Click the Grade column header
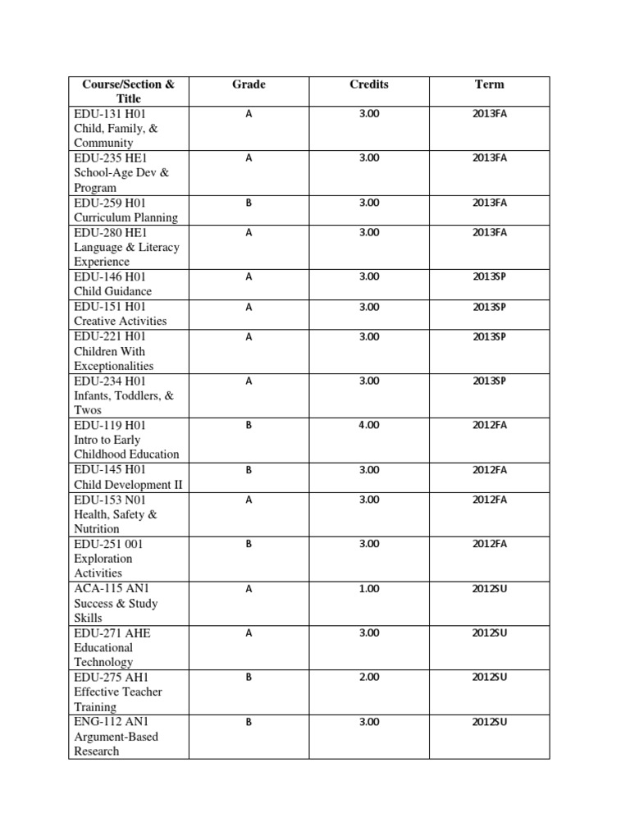(249, 84)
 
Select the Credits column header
(369, 84)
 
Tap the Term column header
(490, 84)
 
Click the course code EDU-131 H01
(110, 114)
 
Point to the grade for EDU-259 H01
(249, 203)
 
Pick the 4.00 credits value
(369, 426)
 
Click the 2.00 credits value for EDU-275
(369, 678)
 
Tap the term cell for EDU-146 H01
(490, 277)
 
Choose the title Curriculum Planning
(126, 217)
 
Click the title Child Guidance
(112, 291)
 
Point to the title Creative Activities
(120, 321)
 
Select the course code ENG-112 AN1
(112, 722)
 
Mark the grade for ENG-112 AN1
(249, 723)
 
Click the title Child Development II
(128, 484)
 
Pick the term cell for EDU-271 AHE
(490, 633)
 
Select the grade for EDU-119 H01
(249, 426)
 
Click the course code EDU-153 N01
(110, 500)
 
